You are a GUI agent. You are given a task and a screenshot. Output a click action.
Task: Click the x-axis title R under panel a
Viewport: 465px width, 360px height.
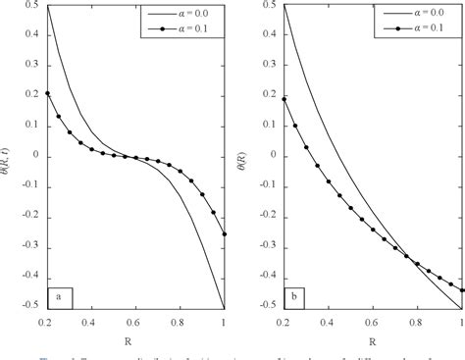point(137,338)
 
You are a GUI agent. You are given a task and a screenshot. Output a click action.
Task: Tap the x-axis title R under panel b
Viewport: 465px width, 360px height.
point(373,338)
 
